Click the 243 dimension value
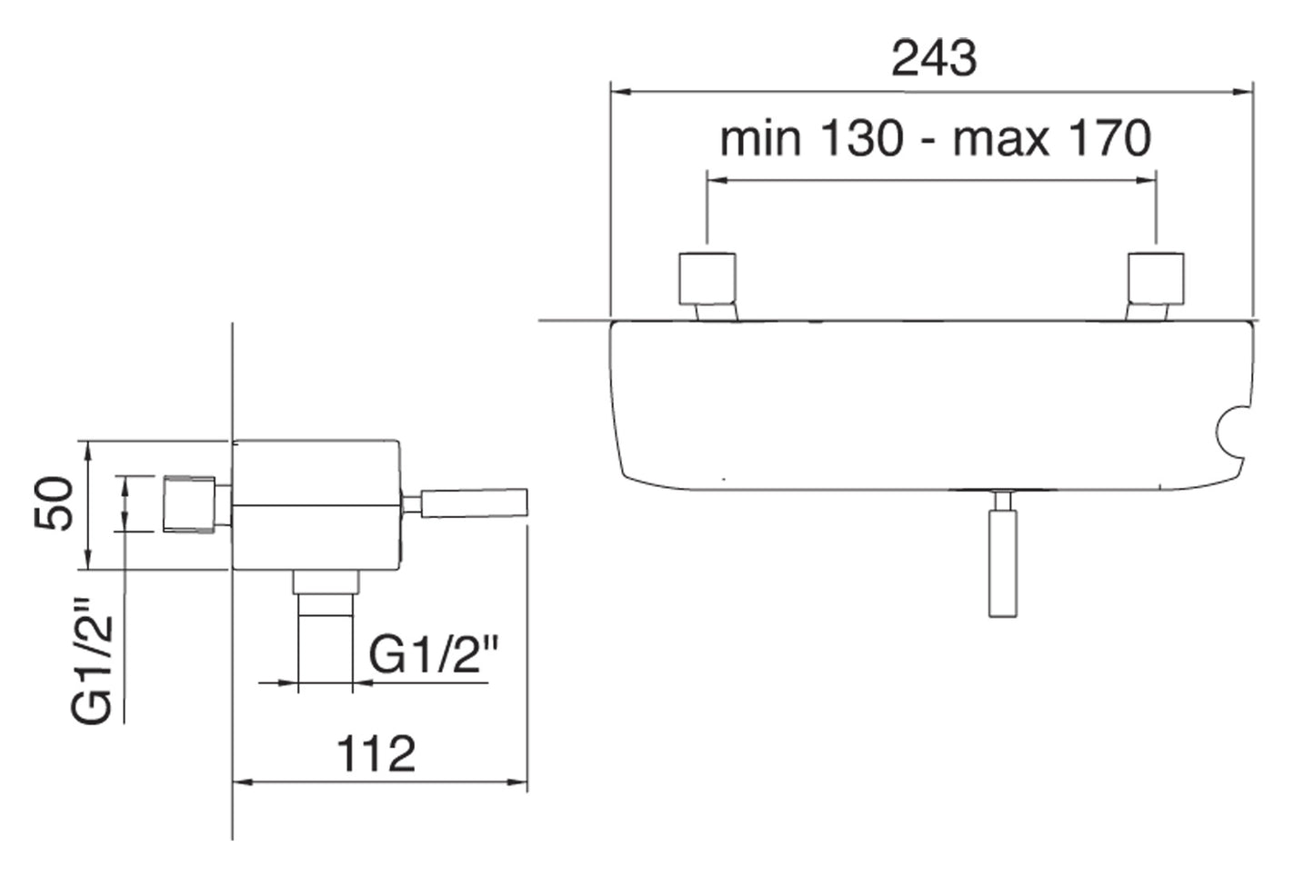pos(933,58)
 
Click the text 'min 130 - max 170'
pos(935,139)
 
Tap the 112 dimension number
pos(376,753)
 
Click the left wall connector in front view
pos(707,279)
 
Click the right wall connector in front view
pos(1156,279)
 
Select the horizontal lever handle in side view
pos(473,503)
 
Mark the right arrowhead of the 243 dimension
pos(1247,91)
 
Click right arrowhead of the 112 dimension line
pos(521,781)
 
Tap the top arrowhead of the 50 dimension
pos(87,447)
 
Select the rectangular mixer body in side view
pos(316,504)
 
